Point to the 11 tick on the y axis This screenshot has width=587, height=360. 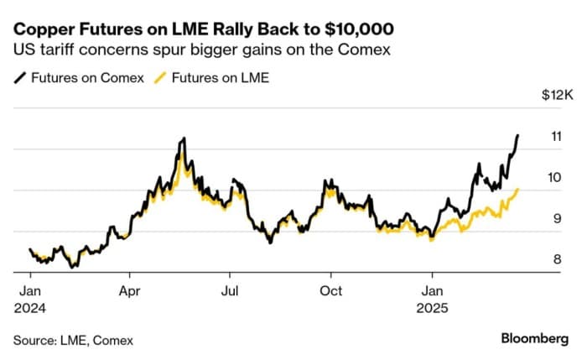[x=554, y=136]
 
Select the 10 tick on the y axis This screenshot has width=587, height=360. [x=554, y=177]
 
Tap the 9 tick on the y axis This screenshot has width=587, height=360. [x=555, y=218]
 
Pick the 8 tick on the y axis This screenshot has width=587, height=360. [x=555, y=259]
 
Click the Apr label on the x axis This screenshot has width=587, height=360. [x=129, y=291]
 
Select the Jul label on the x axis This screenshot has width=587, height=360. [x=231, y=291]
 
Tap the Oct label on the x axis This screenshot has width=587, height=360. [x=331, y=291]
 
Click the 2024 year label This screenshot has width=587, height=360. [x=30, y=308]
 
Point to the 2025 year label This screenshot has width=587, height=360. [x=433, y=308]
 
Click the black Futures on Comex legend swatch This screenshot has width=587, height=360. [x=19, y=78]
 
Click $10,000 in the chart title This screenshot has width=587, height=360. [x=354, y=27]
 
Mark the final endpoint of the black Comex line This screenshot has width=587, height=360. [x=517, y=135]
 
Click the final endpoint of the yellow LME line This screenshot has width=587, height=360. [x=518, y=190]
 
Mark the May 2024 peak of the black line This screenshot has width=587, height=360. [x=181, y=139]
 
